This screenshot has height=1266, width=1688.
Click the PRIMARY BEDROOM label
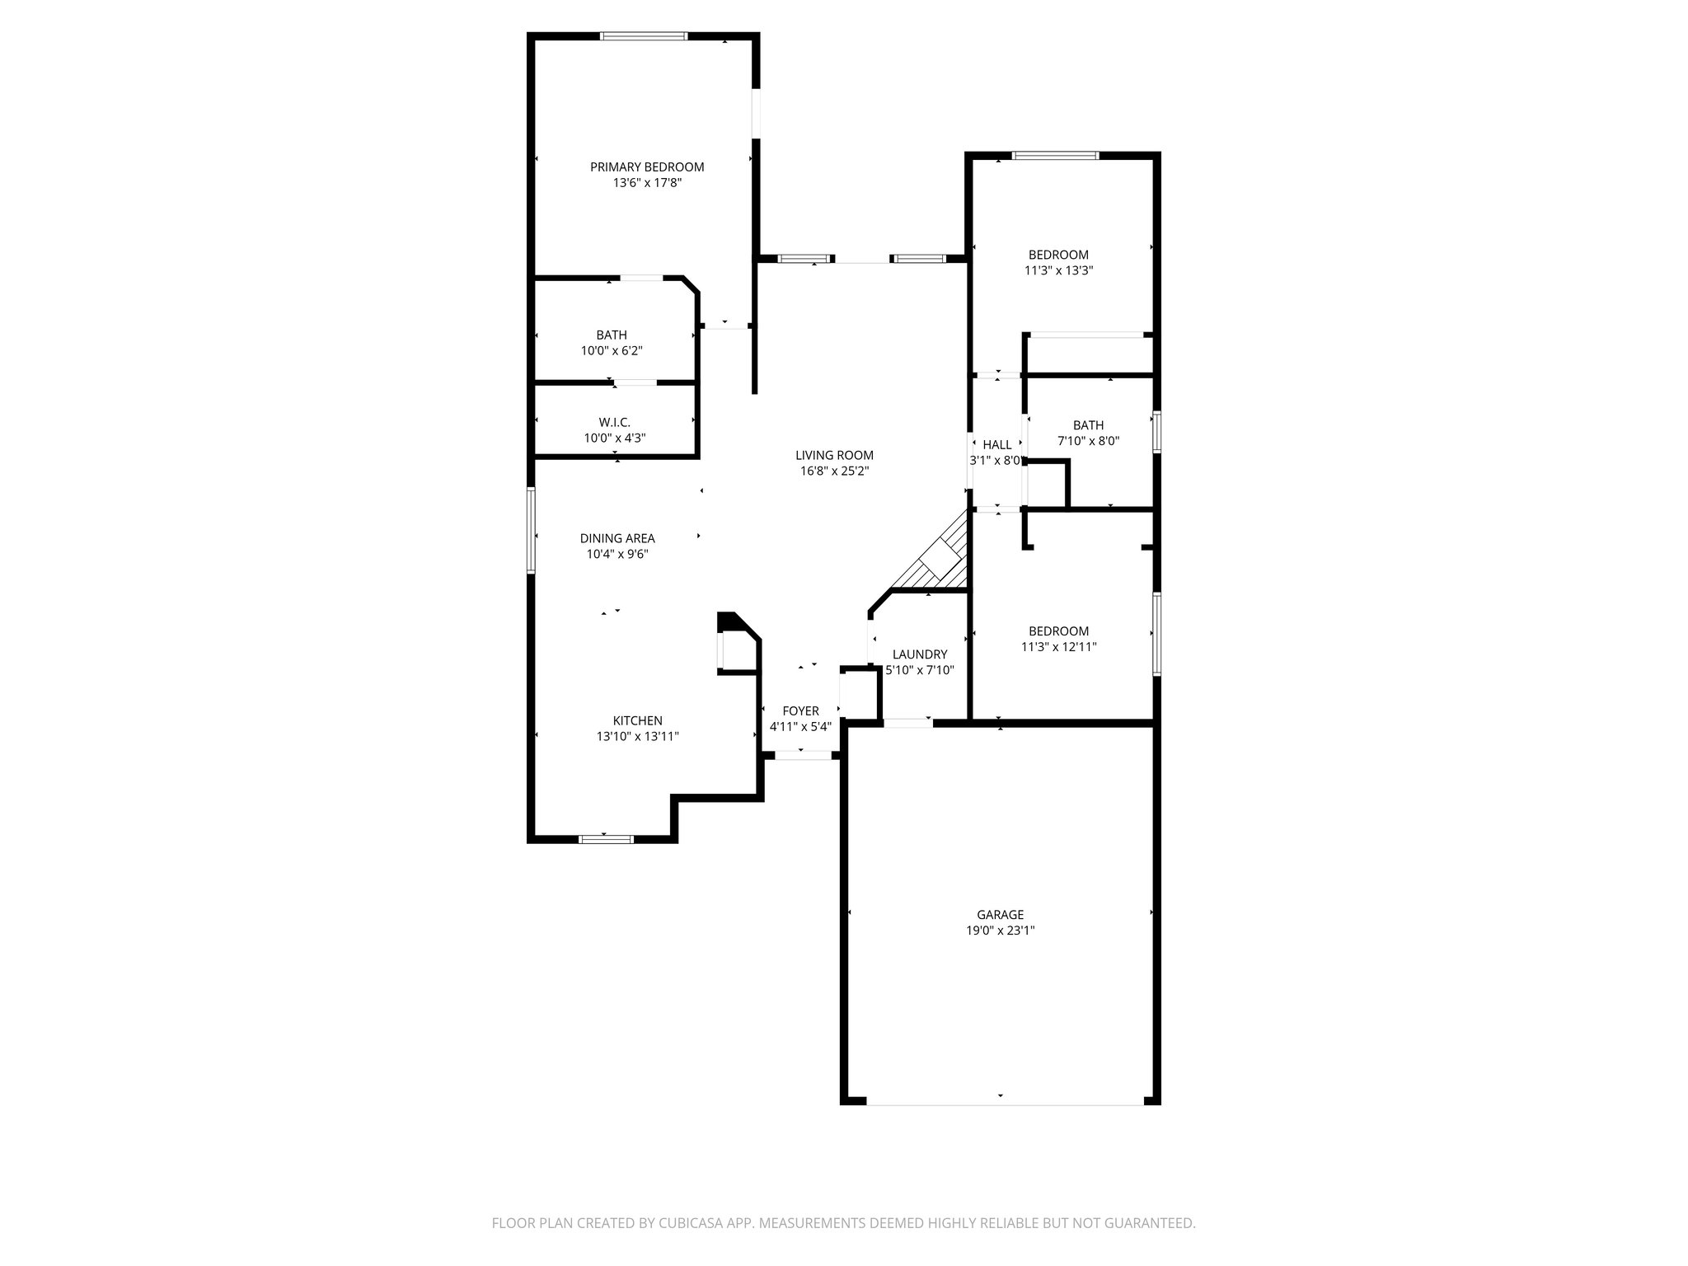coord(647,166)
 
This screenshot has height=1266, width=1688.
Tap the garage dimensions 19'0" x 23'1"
coord(1000,931)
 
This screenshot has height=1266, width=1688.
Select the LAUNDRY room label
coord(919,654)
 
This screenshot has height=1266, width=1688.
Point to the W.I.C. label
coord(614,422)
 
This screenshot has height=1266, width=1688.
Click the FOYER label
coord(800,710)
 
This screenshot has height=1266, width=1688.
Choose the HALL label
coord(996,445)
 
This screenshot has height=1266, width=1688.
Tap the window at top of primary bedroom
coord(644,36)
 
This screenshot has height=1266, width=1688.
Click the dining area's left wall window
coord(532,530)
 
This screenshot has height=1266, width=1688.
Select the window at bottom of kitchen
coord(606,839)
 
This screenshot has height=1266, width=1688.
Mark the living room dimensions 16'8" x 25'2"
coord(834,471)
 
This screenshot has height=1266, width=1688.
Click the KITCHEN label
coord(637,720)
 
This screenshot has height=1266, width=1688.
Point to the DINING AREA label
coord(617,538)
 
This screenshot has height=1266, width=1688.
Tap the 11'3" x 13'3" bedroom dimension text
coord(1058,270)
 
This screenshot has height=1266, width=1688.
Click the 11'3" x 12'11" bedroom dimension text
coord(1058,647)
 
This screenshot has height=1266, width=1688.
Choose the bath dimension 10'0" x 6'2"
coord(612,351)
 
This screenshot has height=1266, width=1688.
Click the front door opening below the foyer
coord(803,754)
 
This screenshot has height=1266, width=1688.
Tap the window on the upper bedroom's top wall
coord(1055,155)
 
